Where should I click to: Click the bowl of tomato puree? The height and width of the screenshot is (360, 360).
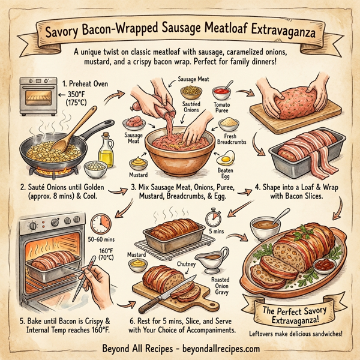221,95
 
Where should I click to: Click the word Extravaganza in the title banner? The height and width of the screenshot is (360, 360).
275,28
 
